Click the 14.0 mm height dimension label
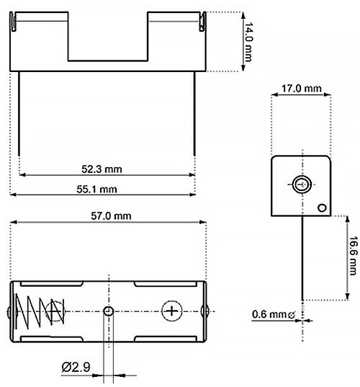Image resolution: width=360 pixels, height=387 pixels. click(248, 42)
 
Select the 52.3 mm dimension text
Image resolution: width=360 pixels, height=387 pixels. click(102, 169)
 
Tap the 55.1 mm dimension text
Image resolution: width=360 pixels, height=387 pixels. click(96, 190)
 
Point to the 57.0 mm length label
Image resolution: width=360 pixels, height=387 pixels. click(111, 216)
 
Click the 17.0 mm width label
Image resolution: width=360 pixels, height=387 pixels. click(301, 89)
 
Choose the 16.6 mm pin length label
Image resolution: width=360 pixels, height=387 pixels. click(353, 255)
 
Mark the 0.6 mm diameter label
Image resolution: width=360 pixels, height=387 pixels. click(274, 314)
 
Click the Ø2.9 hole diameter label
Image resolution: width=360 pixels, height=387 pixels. click(76, 367)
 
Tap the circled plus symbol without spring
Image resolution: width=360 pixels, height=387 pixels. click(172, 311)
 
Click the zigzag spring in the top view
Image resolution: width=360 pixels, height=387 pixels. click(40, 311)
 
